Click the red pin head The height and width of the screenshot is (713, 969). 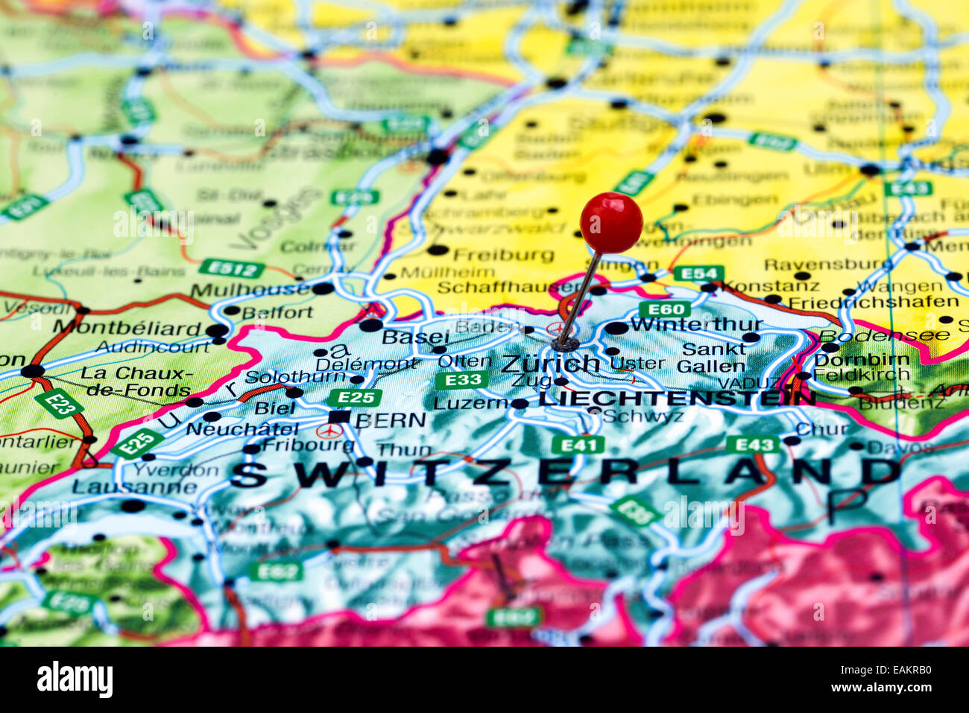tap(611, 222)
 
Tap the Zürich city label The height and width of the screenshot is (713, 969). tap(550, 364)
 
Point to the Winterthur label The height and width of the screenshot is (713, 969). tap(696, 324)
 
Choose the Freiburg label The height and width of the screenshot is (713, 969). tap(503, 255)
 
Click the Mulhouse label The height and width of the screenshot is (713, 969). tap(250, 290)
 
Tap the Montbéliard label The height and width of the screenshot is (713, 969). tap(127, 328)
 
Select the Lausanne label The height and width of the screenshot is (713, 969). tap(135, 487)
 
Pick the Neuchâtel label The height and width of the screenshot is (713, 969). tap(242, 429)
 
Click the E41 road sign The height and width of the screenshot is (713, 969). tap(578, 446)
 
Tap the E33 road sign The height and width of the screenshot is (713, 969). tap(461, 381)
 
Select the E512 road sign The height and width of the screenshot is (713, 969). tap(232, 268)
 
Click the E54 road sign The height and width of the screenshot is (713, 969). tap(698, 273)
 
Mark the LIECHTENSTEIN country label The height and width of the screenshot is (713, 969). tap(677, 397)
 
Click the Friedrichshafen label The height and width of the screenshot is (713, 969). tap(873, 302)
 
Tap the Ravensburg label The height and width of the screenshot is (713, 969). tap(827, 264)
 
